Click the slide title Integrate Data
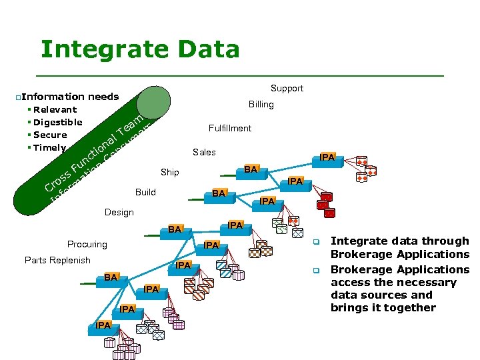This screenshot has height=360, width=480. [x=139, y=49]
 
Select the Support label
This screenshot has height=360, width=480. [x=287, y=88]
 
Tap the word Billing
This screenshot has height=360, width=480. [x=261, y=104]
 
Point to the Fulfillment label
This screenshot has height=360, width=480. [x=229, y=128]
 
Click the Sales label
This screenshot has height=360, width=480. [x=204, y=152]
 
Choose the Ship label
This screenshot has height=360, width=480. [x=169, y=172]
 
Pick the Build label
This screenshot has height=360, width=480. [x=145, y=192]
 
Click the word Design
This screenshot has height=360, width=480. [x=119, y=212]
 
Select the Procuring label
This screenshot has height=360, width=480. [x=87, y=244]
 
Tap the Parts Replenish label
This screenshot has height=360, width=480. [x=57, y=260]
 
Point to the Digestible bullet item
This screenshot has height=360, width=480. [x=57, y=122]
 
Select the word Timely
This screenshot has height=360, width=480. [x=49, y=148]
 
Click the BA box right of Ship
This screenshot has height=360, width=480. [x=249, y=169]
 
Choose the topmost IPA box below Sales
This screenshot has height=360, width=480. [x=327, y=157]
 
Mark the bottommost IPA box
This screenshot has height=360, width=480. [x=103, y=325]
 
